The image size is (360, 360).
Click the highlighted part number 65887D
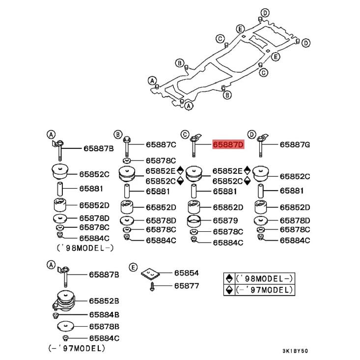click(x=228, y=145)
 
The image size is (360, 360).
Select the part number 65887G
click(x=295, y=145)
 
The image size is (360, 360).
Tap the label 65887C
click(x=161, y=145)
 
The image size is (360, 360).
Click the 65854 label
click(x=185, y=274)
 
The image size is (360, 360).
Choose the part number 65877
click(x=185, y=285)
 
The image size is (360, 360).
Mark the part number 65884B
click(x=104, y=314)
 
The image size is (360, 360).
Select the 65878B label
click(x=104, y=326)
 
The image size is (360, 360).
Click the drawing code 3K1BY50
click(x=295, y=352)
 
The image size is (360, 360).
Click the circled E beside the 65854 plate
click(x=133, y=267)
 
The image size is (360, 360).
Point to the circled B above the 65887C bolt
click(x=117, y=134)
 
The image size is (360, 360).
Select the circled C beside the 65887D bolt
click(x=185, y=134)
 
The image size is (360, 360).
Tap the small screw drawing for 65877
click(x=153, y=285)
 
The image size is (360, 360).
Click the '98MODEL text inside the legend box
click(x=266, y=278)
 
